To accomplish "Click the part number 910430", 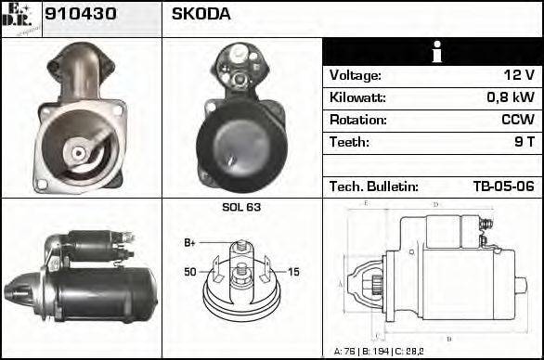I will pos(75,15).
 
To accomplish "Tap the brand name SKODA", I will pos(201,15).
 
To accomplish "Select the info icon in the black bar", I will pos(434,52).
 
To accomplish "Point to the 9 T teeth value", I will pos(524,143).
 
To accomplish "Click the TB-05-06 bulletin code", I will pos(502,186).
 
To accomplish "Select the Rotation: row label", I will pos(357,121).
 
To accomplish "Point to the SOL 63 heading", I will pos(241,208).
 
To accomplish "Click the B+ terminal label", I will pos(189,243).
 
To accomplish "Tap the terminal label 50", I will pos(190,271).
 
